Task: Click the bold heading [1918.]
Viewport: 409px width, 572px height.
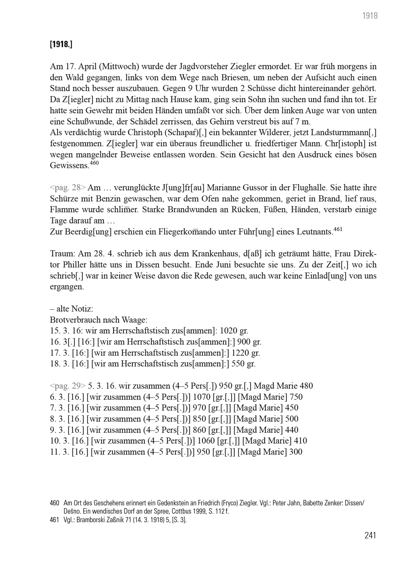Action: tap(61, 44)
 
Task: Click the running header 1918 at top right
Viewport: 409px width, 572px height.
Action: tap(370, 16)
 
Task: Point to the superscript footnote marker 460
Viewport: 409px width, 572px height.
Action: tap(94, 163)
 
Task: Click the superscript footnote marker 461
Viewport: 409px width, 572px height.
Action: tap(338, 229)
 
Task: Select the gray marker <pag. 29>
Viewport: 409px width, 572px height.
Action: tap(68, 386)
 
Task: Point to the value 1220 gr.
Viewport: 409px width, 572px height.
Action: tap(246, 353)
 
